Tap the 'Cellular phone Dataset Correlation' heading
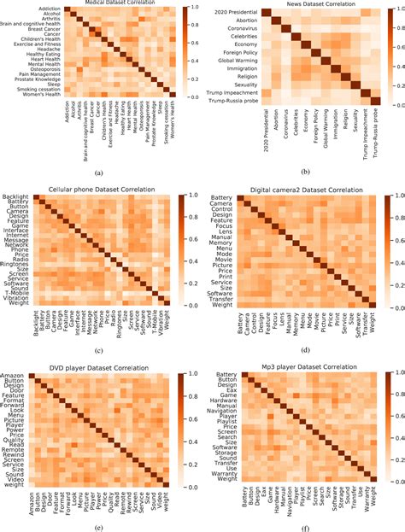pyautogui.click(x=108, y=190)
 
